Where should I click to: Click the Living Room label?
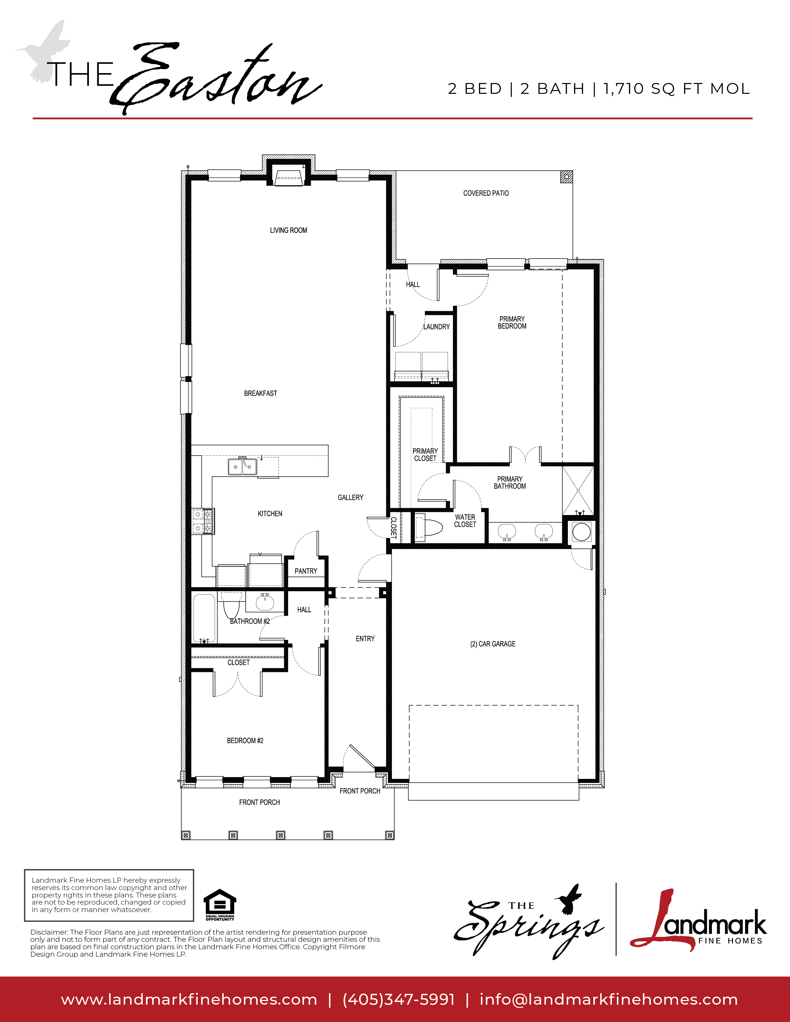pyautogui.click(x=288, y=230)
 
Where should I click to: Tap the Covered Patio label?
pyautogui.click(x=486, y=193)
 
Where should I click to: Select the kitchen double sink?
pyautogui.click(x=243, y=466)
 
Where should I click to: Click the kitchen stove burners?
pyautogui.click(x=203, y=521)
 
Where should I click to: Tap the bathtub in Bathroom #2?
pyautogui.click(x=204, y=618)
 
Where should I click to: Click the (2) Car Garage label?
pyautogui.click(x=493, y=644)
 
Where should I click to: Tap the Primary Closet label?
pyautogui.click(x=425, y=454)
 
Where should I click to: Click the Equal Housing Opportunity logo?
pyautogui.click(x=220, y=905)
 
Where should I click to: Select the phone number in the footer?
pyautogui.click(x=399, y=999)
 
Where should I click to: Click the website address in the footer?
pyautogui.click(x=189, y=999)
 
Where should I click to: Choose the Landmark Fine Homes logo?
pyautogui.click(x=698, y=923)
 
